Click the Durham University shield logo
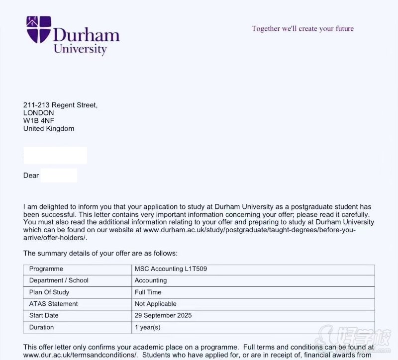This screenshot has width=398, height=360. click(39, 29)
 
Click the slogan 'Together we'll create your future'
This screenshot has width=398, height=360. click(302, 28)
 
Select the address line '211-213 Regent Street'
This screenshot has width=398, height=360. click(60, 105)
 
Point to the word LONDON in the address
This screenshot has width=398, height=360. click(39, 113)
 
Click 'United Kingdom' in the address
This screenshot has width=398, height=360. click(49, 129)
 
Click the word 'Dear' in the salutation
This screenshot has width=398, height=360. click(31, 176)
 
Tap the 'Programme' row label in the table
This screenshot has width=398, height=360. click(46, 269)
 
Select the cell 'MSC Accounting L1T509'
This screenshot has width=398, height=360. click(171, 269)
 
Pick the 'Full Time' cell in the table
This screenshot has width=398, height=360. click(148, 292)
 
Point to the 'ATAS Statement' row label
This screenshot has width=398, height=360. click(54, 304)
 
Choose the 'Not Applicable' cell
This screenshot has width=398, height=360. click(155, 304)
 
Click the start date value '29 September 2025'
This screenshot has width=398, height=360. click(163, 315)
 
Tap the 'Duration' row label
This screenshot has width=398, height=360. click(42, 327)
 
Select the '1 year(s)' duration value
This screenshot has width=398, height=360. click(148, 327)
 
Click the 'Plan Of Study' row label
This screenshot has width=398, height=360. click(49, 292)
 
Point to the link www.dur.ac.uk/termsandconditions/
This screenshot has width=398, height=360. click(80, 355)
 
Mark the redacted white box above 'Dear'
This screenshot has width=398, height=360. click(55, 155)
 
